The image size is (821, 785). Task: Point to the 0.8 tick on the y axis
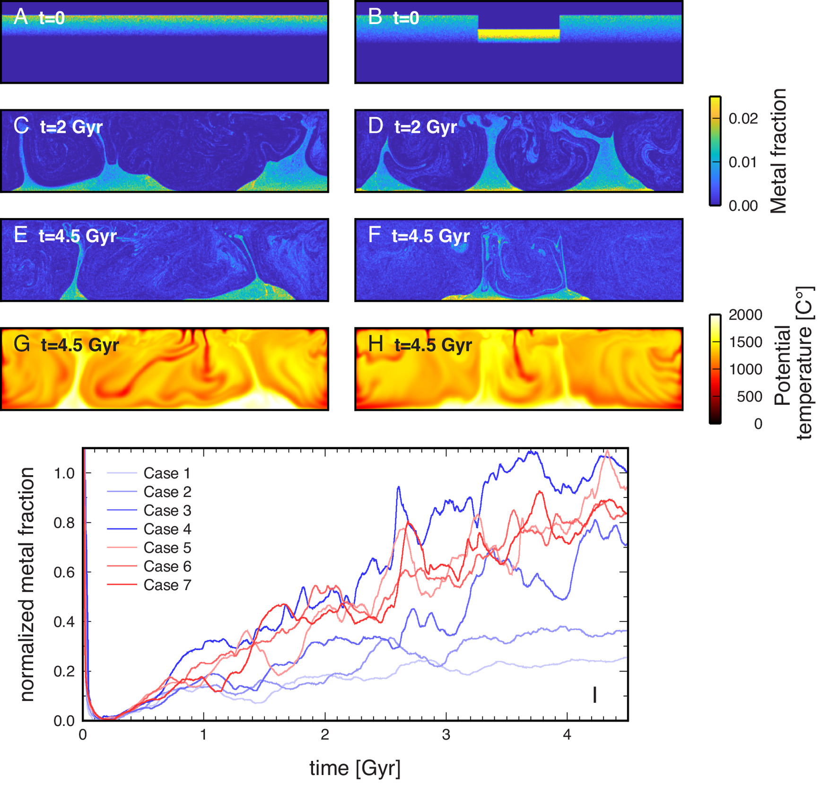[64, 523]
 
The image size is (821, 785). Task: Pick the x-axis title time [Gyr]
[355, 768]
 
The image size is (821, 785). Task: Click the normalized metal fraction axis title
[27, 584]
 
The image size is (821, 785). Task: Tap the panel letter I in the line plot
[594, 695]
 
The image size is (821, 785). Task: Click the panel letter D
[376, 126]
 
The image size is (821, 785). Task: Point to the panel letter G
[22, 344]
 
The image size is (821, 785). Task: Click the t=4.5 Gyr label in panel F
[430, 235]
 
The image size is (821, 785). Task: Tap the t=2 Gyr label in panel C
[71, 127]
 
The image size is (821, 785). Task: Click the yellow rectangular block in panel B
[518, 34]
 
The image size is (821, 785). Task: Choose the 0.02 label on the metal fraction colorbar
[743, 119]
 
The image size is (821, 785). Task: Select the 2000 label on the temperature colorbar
[745, 315]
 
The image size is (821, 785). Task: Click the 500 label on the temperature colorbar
[749, 396]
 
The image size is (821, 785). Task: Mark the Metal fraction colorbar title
[778, 151]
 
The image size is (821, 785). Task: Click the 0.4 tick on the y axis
[64, 622]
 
